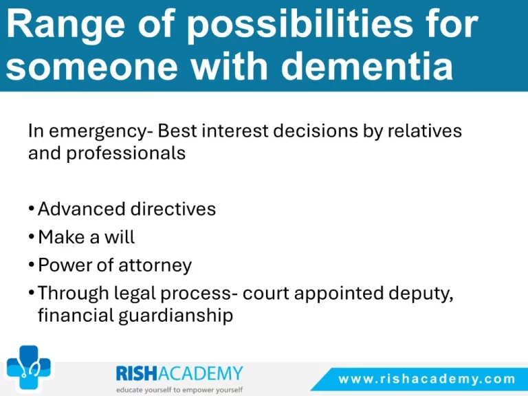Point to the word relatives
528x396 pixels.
tap(425, 131)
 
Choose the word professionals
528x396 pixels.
tap(126, 154)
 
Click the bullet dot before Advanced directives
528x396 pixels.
tap(32, 208)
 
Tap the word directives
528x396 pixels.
tap(173, 209)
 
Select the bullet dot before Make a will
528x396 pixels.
tap(32, 236)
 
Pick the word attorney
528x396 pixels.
tap(155, 265)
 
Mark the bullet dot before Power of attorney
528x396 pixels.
tap(32, 264)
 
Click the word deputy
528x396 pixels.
tap(421, 294)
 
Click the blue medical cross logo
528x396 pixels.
tap(29, 367)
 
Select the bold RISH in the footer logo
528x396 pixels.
tap(137, 373)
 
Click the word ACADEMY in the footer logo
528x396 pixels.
tap(200, 373)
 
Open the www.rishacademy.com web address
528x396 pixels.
tap(427, 379)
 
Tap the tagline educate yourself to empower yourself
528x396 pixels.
tap(179, 390)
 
